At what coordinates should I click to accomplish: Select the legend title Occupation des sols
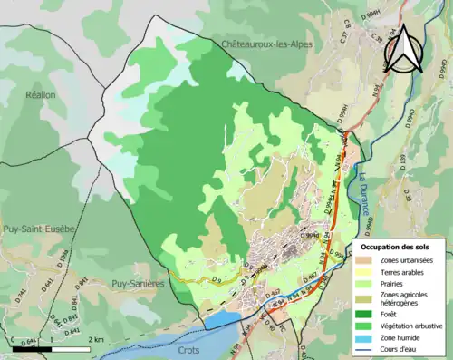pyautogui.click(x=395, y=246)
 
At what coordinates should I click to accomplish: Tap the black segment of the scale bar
pyautogui.click(x=32, y=348)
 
